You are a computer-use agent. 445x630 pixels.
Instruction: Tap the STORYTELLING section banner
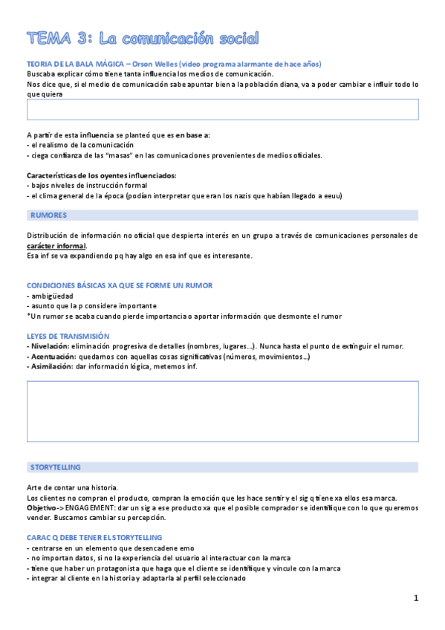pos(56,467)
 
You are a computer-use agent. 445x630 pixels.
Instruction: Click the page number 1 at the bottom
pos(416,598)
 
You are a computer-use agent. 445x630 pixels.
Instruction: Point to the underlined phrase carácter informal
pos(56,246)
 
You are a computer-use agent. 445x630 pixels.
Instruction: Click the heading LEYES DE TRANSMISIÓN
pos(68,336)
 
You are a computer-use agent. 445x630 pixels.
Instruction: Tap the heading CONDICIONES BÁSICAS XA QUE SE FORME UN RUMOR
pos(120,285)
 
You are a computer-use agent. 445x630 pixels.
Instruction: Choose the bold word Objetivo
pos(42,507)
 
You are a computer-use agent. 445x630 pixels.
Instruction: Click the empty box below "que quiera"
pos(222,109)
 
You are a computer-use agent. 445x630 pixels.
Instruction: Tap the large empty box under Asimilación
pos(222,412)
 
